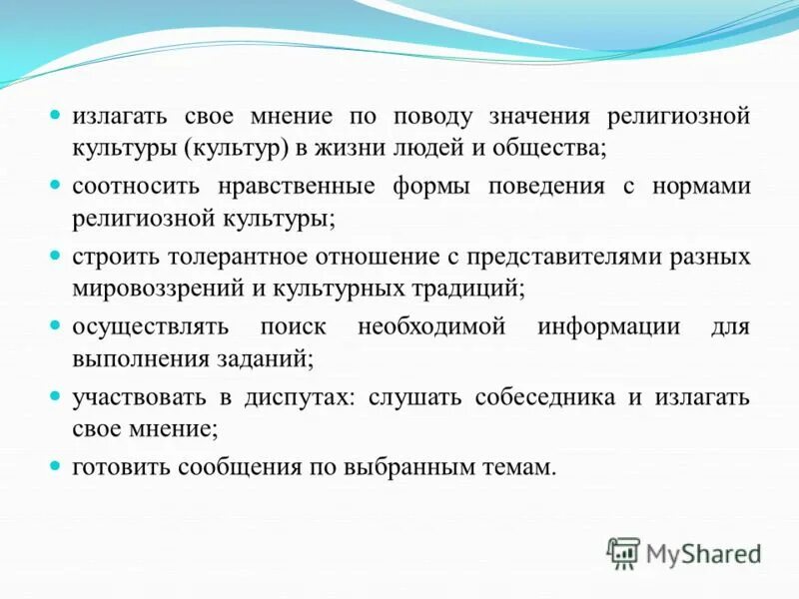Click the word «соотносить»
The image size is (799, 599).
point(136,187)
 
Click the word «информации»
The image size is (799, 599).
point(608,326)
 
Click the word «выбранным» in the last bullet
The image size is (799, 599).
point(405,467)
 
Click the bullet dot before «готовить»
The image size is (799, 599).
point(57,466)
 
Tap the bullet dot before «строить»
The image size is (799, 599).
point(57,256)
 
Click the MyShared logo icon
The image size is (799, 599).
point(623,551)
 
